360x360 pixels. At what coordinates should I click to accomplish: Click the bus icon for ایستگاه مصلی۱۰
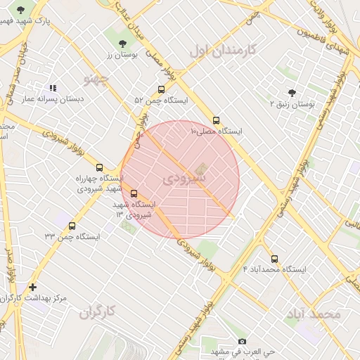tap(216, 120)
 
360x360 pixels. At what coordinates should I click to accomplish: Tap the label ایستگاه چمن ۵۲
tap(161, 101)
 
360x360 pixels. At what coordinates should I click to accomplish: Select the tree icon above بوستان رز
tap(123, 43)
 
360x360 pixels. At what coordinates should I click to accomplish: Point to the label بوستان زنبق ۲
tap(293, 104)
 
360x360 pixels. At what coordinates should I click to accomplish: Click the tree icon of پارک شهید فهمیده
tap(20, 10)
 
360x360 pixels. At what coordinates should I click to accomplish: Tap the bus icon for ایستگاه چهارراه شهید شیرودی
tap(99, 168)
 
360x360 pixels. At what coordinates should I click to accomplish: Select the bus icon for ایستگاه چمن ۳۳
tap(72, 226)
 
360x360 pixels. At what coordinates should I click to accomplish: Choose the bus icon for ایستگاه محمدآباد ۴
tap(274, 258)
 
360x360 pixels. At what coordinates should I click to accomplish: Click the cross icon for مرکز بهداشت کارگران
tap(33, 287)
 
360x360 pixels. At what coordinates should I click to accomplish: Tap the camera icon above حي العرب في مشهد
tap(243, 341)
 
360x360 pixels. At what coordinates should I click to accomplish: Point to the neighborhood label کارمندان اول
tap(224, 50)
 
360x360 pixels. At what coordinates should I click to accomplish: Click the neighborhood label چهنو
tap(97, 78)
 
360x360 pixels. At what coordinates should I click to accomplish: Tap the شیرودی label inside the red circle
tap(184, 179)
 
